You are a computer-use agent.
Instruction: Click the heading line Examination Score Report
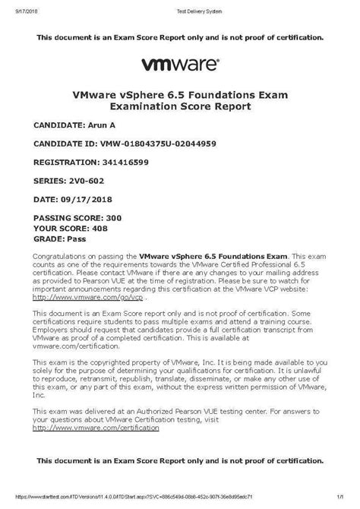[x=179, y=108]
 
